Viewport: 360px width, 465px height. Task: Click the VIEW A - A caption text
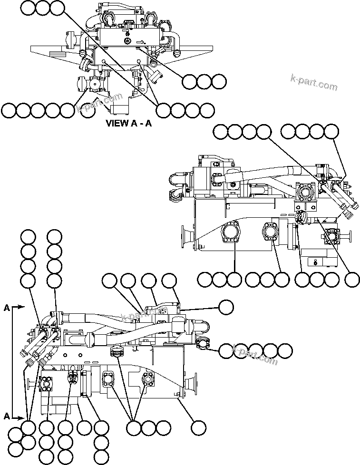click(128, 124)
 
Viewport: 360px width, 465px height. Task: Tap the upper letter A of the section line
click(7, 308)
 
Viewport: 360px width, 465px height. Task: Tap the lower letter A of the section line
click(7, 417)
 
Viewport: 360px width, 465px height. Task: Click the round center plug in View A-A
click(127, 41)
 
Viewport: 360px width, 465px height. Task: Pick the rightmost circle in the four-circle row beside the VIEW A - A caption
click(207, 110)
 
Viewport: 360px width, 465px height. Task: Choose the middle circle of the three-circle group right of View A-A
click(204, 82)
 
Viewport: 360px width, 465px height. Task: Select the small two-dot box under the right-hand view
click(316, 261)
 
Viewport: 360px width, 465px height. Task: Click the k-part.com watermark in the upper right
click(314, 83)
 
